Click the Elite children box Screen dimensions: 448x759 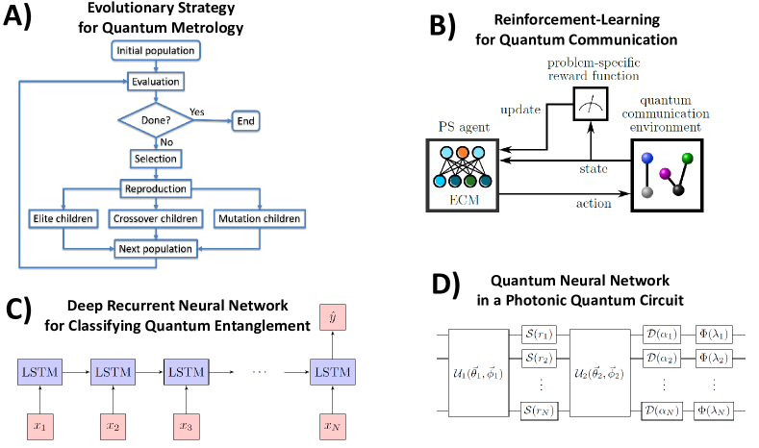(x=63, y=218)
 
